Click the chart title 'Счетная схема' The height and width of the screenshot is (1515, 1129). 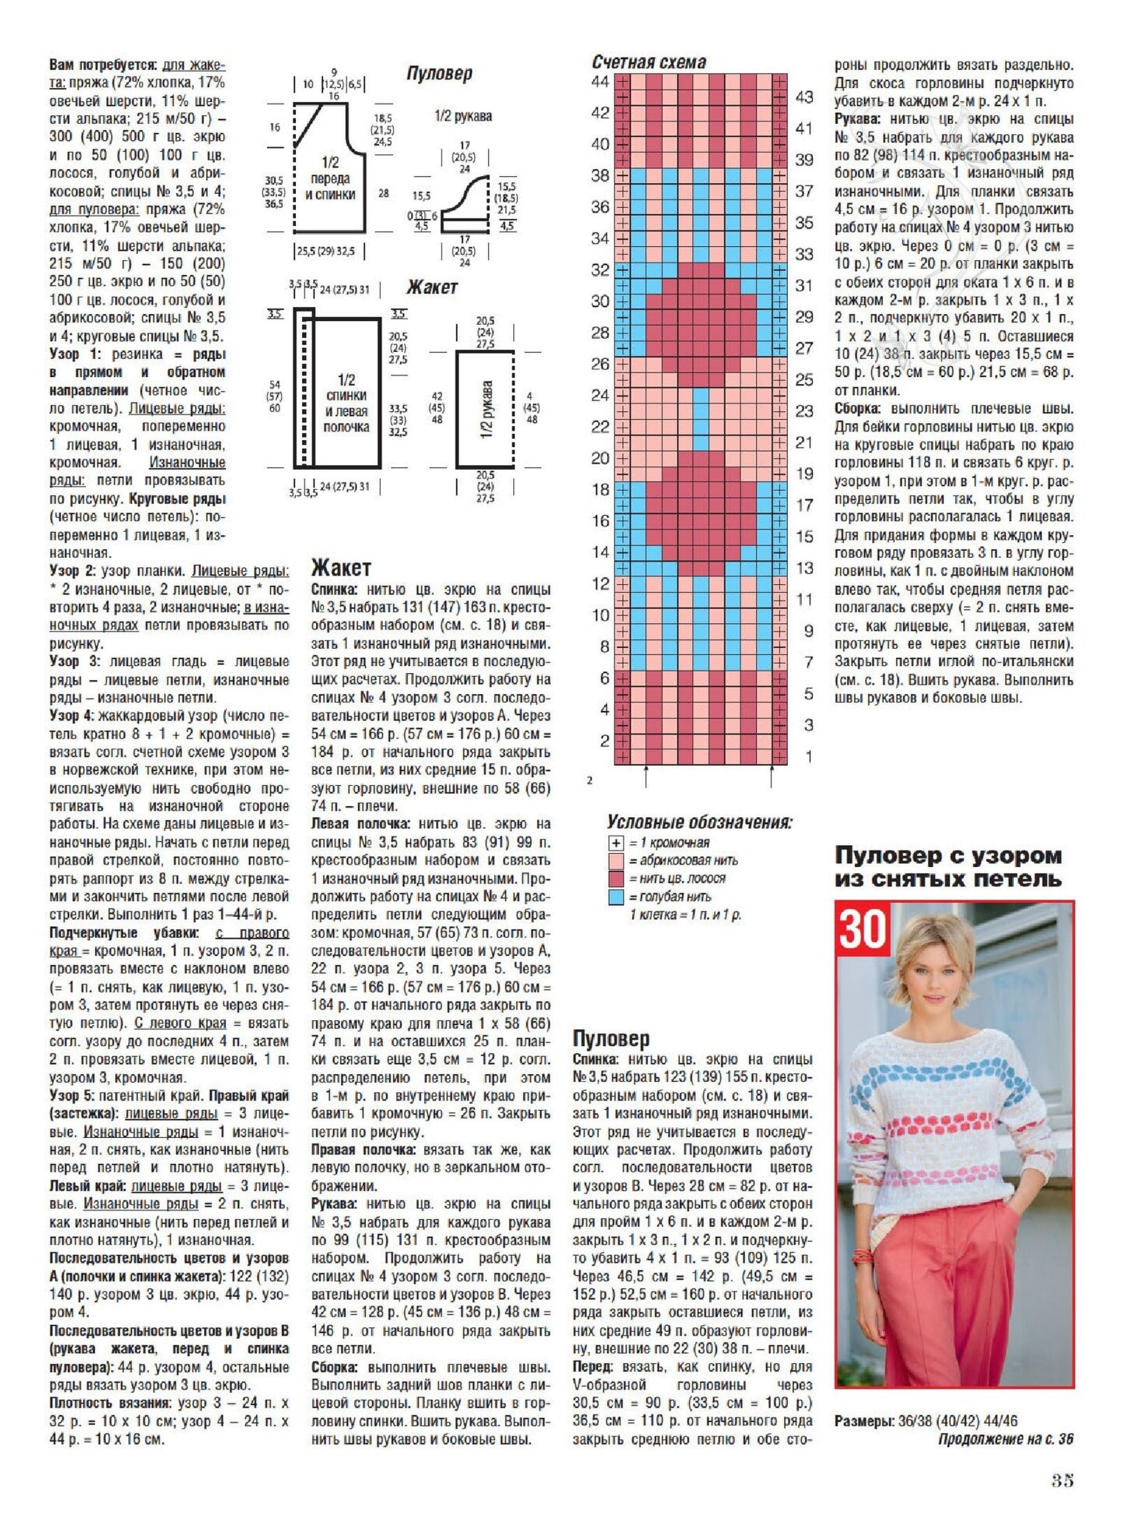coord(649,62)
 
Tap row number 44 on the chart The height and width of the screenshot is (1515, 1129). coord(600,82)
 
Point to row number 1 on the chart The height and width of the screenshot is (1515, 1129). coord(808,756)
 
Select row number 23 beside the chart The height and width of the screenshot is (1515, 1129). coord(804,410)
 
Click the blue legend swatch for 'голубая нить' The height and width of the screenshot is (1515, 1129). coord(616,897)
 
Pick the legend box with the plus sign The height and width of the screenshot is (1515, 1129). coord(616,843)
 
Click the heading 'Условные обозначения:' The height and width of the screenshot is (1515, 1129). coord(699,822)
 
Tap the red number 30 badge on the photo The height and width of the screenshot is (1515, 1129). coord(862,928)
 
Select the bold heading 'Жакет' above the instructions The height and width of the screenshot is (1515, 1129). coord(341,568)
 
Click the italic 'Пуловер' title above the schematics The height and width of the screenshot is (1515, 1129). coord(439,73)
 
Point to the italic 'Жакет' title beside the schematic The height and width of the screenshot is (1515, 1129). coord(432,287)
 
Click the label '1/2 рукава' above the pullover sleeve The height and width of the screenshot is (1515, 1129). coord(463,116)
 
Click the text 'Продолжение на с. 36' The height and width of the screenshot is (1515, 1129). coord(1005,1439)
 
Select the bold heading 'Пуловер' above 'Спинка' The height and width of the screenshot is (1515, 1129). coord(610,1038)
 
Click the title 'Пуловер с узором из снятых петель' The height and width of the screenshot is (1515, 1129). coord(948,867)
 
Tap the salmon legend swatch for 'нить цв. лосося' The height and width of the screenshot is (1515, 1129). coord(616,879)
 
